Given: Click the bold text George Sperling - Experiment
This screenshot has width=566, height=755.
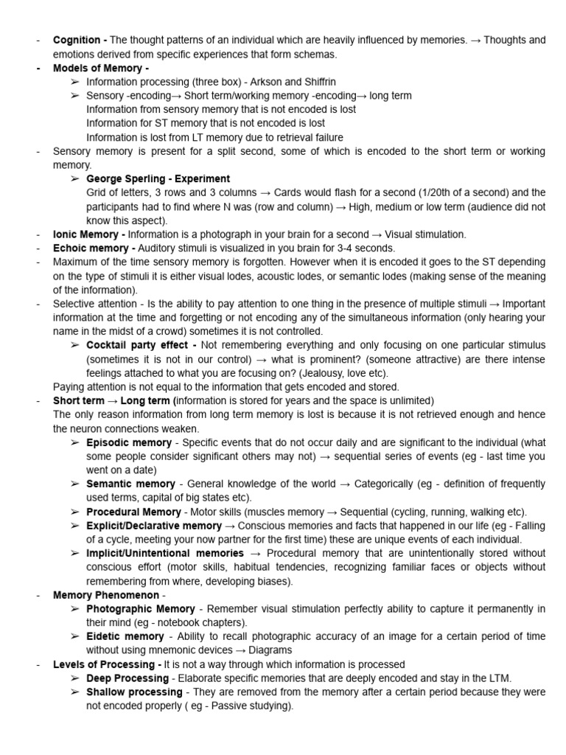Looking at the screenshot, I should [158, 178].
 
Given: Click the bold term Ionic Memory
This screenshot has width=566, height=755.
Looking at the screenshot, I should [85, 234].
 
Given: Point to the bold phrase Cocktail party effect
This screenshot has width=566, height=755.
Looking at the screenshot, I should [138, 345].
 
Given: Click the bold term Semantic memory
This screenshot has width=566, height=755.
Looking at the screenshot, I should [130, 484].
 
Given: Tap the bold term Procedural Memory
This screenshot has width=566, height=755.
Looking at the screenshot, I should [133, 512].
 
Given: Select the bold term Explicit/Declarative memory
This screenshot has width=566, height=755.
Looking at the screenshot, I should [153, 526].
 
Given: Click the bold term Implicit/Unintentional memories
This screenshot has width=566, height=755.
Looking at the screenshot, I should [164, 553].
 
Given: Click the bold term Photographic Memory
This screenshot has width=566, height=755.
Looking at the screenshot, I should [140, 608].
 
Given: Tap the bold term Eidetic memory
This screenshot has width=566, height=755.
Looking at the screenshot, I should [125, 636].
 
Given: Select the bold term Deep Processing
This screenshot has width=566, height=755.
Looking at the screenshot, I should [127, 678].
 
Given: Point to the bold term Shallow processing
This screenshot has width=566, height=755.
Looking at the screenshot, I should [133, 692].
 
